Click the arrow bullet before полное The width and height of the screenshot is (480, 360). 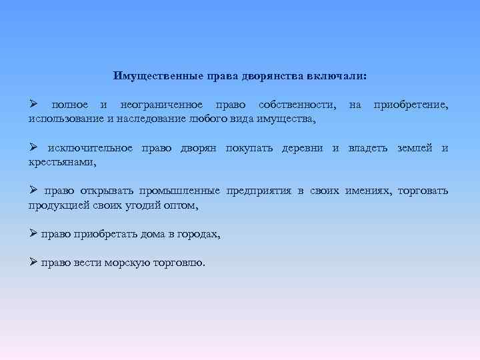(x=33, y=105)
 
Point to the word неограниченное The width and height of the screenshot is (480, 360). (x=158, y=105)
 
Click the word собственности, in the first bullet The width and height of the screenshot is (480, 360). (x=297, y=105)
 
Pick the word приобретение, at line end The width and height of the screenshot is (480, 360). (x=411, y=105)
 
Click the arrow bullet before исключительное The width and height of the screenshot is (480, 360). (x=33, y=147)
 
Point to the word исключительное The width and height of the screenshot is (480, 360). (x=90, y=148)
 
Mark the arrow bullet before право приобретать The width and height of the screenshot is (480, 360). (x=33, y=234)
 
